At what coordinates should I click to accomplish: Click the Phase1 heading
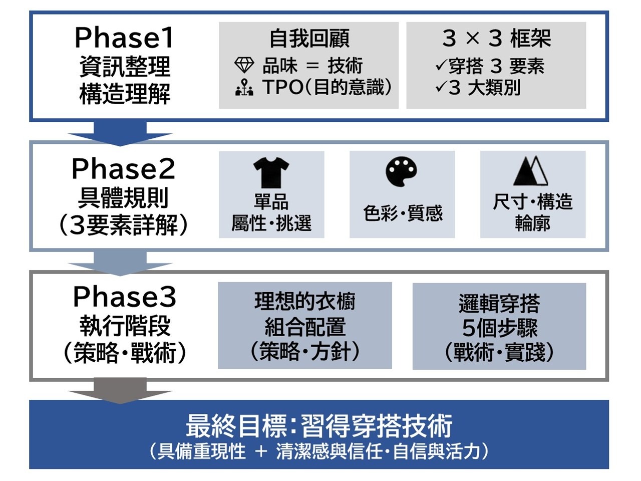(x=124, y=38)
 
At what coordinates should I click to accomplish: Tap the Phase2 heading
(x=124, y=169)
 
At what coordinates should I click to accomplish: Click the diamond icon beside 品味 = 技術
(x=244, y=65)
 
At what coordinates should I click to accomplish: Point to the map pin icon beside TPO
(x=244, y=87)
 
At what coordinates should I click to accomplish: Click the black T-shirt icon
(x=271, y=172)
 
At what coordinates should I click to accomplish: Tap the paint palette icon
(x=402, y=172)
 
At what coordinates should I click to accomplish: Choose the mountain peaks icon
(x=531, y=171)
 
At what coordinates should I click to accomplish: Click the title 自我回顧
(x=309, y=39)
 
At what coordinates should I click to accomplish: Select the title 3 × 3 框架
(x=496, y=39)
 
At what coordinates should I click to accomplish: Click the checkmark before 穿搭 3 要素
(x=441, y=65)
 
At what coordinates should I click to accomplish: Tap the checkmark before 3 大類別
(x=441, y=87)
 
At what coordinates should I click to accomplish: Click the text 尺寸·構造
(x=532, y=202)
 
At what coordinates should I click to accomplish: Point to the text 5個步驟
(x=499, y=328)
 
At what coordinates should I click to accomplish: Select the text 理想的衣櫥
(x=304, y=302)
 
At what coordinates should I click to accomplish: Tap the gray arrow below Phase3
(x=120, y=391)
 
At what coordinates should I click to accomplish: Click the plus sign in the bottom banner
(x=261, y=451)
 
